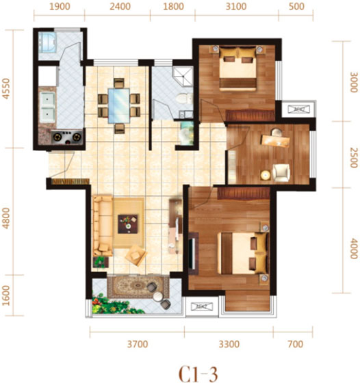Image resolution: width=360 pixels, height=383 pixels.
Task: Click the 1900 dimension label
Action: point(60,6)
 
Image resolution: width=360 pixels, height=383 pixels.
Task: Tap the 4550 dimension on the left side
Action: point(6,89)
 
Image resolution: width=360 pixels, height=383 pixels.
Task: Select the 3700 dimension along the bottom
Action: point(138,344)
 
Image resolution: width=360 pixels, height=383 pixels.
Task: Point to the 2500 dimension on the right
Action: point(353,157)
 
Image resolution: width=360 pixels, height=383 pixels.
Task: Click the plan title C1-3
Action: point(198,373)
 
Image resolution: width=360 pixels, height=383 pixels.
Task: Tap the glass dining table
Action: point(119,106)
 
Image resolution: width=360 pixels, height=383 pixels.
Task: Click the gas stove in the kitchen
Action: point(67,137)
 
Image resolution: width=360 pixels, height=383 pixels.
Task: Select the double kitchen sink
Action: point(47,107)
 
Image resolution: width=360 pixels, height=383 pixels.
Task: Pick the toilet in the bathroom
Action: point(185,99)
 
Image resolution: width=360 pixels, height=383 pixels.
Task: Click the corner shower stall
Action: point(183,76)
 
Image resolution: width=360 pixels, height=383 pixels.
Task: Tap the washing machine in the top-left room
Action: point(48,42)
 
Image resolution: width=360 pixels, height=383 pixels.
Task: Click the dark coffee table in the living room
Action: point(128,224)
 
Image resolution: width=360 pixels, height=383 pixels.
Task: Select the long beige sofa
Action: point(103,226)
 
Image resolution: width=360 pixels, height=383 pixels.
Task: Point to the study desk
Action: point(275,141)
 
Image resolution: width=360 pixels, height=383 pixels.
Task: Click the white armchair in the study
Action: point(281,172)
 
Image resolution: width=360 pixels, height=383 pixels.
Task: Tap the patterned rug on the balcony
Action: point(138,287)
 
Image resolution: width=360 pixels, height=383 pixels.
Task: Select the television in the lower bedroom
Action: point(193,253)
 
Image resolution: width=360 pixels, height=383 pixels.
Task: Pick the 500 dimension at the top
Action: point(296,6)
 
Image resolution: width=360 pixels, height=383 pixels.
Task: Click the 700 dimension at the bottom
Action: point(296,344)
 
